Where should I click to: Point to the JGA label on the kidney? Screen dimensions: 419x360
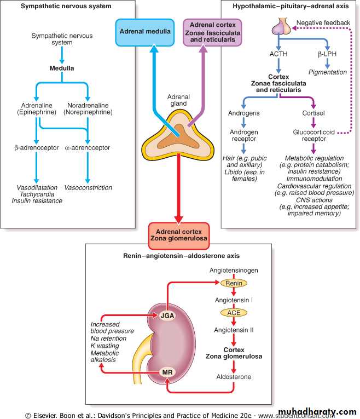168,315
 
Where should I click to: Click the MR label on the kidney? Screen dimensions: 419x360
168,373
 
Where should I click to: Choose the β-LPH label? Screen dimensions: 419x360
328,54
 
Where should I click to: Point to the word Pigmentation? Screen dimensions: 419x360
328,72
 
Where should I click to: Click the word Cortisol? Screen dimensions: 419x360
313,113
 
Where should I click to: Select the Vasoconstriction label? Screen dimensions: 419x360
88,187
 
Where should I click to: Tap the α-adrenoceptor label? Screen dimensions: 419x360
88,147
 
